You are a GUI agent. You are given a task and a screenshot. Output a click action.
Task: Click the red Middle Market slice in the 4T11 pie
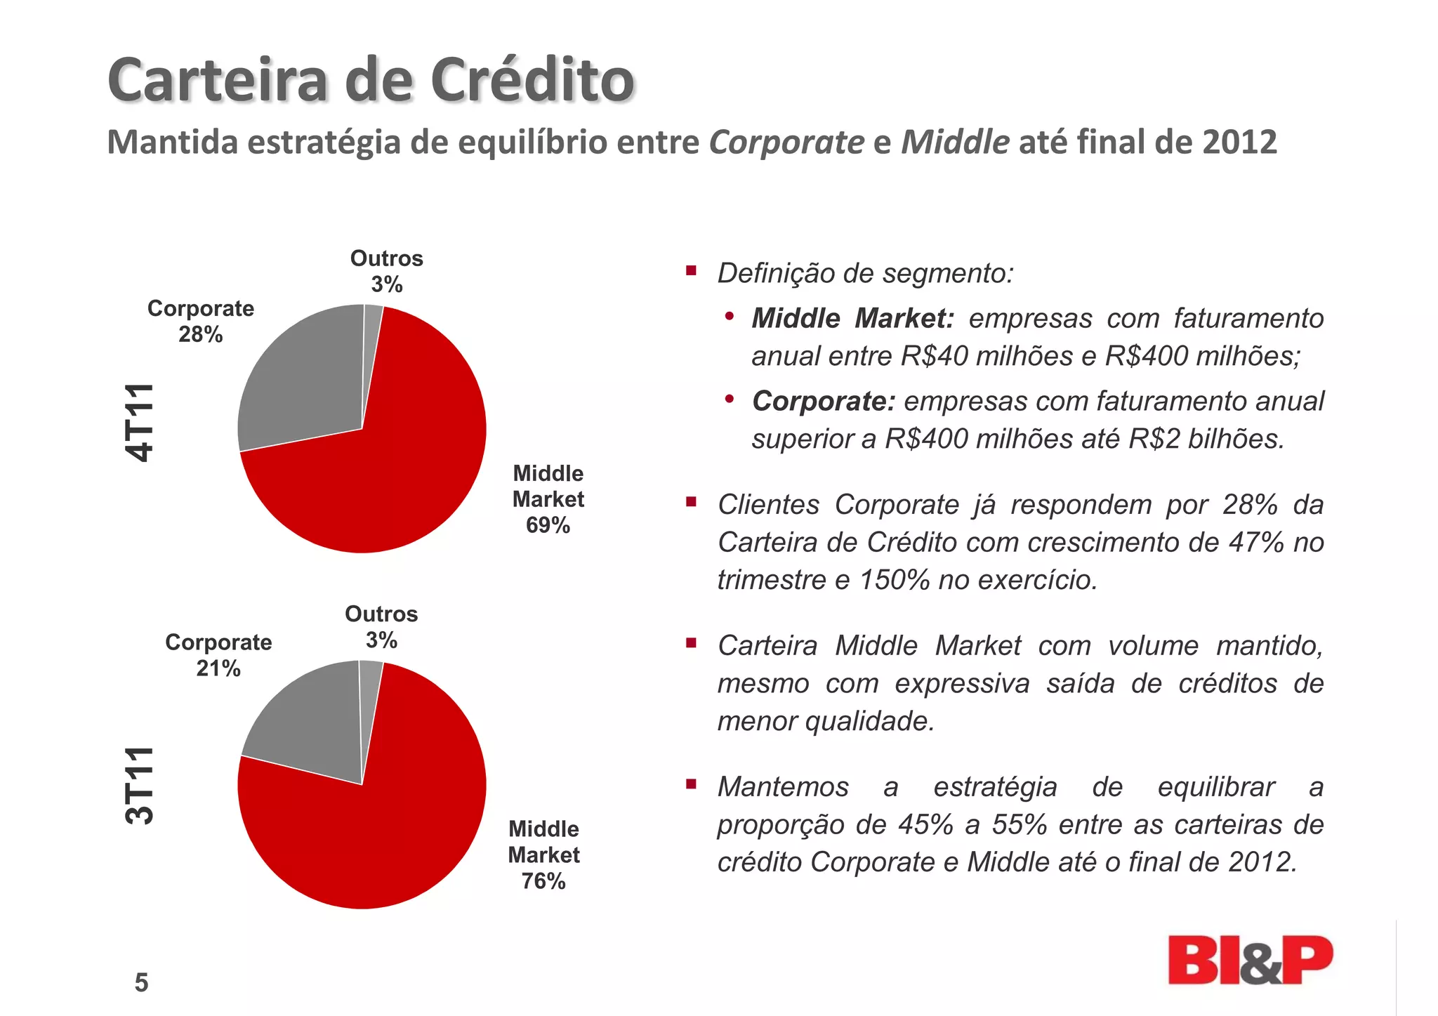[x=393, y=477]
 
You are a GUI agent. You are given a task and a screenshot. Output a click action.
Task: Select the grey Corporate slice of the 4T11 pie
[x=302, y=379]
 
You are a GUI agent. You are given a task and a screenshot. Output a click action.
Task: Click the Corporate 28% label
[x=201, y=321]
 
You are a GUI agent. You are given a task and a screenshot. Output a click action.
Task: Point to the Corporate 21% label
[x=218, y=654]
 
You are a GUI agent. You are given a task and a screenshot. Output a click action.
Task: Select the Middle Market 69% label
[x=548, y=499]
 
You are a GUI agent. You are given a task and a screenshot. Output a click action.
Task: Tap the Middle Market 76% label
[x=543, y=855]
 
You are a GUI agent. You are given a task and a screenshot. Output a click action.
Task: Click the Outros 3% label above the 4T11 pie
[x=386, y=271]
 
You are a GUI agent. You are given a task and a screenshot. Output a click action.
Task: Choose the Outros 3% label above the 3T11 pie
[x=381, y=626]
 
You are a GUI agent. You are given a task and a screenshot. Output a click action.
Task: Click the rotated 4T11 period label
[x=139, y=423]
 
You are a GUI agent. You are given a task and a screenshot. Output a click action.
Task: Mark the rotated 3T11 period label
[x=139, y=785]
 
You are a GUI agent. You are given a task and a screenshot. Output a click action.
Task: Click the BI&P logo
[x=1250, y=960]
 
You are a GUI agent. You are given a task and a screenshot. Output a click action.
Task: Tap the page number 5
[x=141, y=982]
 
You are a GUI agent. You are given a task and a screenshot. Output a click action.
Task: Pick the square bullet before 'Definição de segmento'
[x=692, y=270]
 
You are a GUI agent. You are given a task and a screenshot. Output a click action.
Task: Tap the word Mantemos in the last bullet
[x=783, y=786]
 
